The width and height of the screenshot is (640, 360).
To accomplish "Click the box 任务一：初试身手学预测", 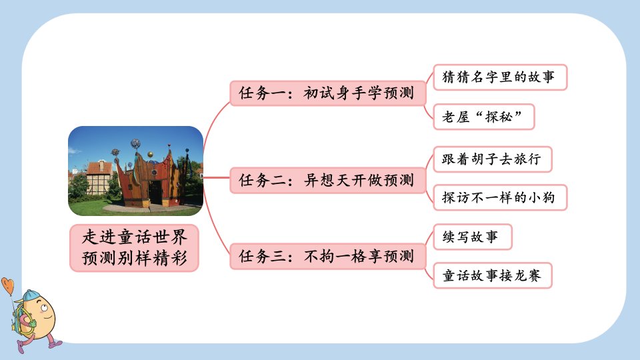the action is coord(328,93).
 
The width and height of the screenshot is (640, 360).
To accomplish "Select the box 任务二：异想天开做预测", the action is coord(328,180).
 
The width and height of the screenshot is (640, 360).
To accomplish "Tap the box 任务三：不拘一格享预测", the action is coord(328,256).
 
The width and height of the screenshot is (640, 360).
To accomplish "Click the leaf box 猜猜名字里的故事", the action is coord(500,77).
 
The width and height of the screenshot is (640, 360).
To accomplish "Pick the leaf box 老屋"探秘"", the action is coord(484,117).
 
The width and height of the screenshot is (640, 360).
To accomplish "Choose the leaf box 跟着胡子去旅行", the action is coord(492,159).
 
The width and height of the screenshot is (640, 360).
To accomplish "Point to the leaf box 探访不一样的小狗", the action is coord(500,197).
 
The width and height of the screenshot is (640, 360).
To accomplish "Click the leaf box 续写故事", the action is coord(472,237).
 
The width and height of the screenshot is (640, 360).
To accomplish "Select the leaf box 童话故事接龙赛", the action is coord(492,275).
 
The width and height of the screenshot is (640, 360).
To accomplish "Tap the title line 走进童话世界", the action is coord(134,237).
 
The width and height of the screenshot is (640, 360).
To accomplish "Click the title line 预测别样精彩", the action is coord(134,258).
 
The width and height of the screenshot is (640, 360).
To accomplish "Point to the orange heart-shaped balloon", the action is coord(7,285).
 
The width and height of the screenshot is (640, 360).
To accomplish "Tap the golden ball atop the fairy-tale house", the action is coord(150,155).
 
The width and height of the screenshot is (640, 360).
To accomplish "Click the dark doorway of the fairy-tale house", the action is coord(155,193).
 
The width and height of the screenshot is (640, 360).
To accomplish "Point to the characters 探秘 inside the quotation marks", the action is coord(499,117).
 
